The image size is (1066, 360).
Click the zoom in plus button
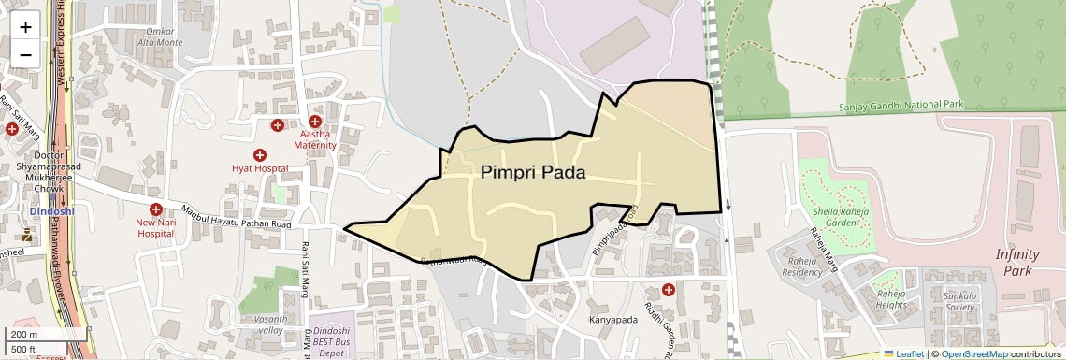(25, 26)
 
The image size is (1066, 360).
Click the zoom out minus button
(25, 54)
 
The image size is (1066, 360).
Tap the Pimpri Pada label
(533, 173)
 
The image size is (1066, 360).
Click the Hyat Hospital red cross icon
(260, 155)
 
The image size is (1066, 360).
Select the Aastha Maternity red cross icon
(315, 122)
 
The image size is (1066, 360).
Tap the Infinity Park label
(1017, 263)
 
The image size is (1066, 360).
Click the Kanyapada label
(612, 321)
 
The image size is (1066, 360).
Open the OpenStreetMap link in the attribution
(974, 353)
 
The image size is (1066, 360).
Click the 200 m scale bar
(26, 334)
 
